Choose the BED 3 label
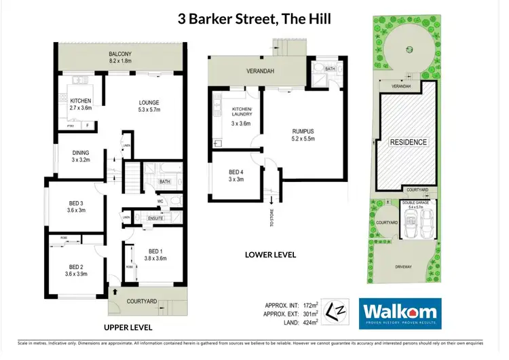pyautogui.click(x=75, y=203)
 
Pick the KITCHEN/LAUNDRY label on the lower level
pyautogui.click(x=242, y=112)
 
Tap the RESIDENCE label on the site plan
pyautogui.click(x=408, y=142)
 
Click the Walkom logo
pyautogui.click(x=400, y=313)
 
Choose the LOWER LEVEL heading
pyautogui.click(x=269, y=255)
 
